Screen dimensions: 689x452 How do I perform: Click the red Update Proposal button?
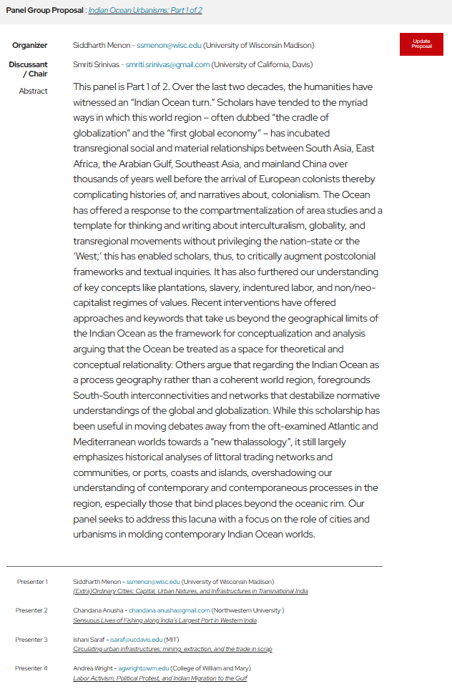[x=421, y=44]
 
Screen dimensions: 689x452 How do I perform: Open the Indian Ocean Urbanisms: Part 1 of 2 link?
[x=145, y=11]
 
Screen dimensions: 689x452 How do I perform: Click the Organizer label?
[x=30, y=46]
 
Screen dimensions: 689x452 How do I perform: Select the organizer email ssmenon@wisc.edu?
[x=169, y=46]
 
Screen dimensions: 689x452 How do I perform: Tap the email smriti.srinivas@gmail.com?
[x=168, y=64]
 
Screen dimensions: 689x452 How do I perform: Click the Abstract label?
[x=34, y=91]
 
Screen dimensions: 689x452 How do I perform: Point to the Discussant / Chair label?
[x=29, y=69]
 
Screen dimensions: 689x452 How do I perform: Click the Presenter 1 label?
[x=32, y=582]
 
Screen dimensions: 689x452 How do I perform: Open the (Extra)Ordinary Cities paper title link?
[x=190, y=592]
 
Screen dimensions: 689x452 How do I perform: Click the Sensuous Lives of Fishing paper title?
[x=164, y=620]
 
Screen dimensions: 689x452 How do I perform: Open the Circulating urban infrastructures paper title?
[x=172, y=649]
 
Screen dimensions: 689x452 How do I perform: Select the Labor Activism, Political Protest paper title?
[x=160, y=678]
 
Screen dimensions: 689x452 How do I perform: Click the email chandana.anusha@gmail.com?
[x=169, y=610]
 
